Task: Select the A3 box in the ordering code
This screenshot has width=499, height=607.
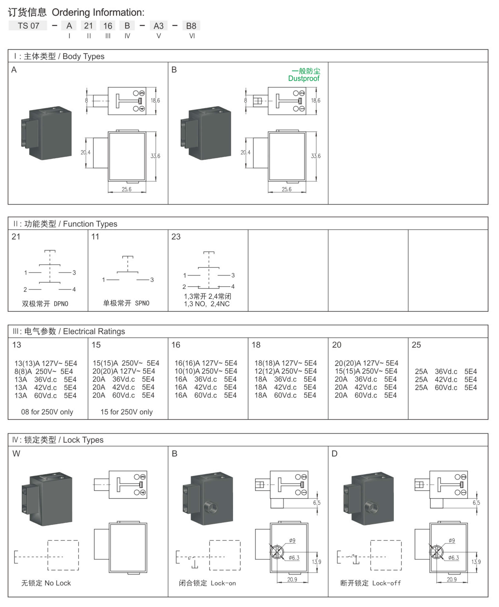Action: coord(158,25)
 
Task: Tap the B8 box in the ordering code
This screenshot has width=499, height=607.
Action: coord(191,25)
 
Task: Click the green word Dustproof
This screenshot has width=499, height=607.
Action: coord(304,78)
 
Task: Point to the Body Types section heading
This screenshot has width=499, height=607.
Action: coord(59,56)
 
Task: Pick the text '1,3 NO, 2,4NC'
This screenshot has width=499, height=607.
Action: coord(207,304)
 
